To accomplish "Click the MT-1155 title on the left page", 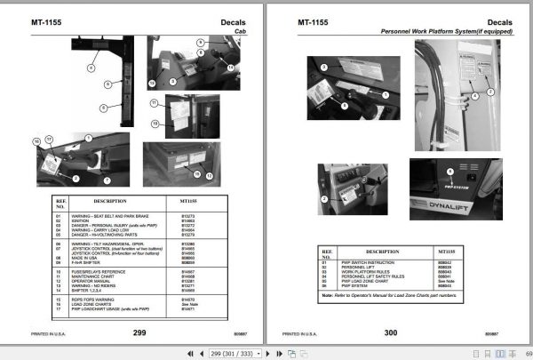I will (x=46, y=20).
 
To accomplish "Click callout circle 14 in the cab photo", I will (x=230, y=66).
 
